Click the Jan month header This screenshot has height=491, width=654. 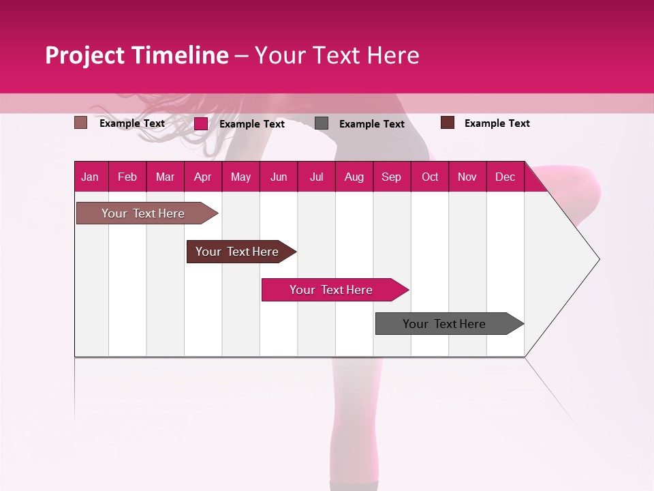coord(91,177)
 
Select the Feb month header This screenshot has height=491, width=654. coord(127,177)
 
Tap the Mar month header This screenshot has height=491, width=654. coord(165,177)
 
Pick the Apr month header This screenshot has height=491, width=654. coord(203,177)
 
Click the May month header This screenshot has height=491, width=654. coord(240,177)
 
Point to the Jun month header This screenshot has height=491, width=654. coord(279,177)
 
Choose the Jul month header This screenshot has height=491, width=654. coord(316,177)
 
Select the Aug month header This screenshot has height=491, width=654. coord(354,177)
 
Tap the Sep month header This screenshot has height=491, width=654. coord(392,177)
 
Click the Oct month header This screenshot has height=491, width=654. coord(430,177)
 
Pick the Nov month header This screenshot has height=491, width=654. coord(467,177)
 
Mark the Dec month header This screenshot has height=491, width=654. coord(505,177)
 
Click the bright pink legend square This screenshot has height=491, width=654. coord(201,123)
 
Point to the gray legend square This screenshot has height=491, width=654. coord(322,123)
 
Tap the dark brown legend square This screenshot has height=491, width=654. coord(448,123)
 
